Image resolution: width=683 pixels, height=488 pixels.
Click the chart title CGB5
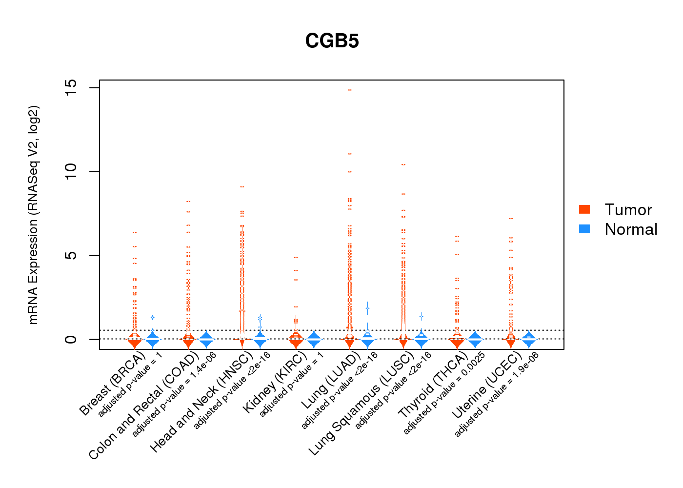pos(332,41)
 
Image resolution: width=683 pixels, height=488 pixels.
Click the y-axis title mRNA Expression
pos(33,215)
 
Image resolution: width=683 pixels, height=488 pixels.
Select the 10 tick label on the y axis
pos(71,171)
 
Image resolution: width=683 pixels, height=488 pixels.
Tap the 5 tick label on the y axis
pos(71,255)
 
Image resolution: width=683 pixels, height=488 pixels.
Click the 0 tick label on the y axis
pos(71,339)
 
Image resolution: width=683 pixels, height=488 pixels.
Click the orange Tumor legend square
pos(584,209)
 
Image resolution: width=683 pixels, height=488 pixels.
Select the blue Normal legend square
pos(584,229)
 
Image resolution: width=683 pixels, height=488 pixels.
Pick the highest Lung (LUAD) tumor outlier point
pos(349,90)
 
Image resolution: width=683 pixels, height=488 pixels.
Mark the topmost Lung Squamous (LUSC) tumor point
pos(403,165)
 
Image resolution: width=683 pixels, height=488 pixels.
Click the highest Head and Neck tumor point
pos(242,187)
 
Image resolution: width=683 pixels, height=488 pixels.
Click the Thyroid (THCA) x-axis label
pos(433,385)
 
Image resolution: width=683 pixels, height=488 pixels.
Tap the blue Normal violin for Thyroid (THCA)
pos(475,339)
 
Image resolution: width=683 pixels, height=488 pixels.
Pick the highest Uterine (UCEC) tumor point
pos(511,219)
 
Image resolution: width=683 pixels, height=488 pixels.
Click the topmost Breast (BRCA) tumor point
pos(135,232)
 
